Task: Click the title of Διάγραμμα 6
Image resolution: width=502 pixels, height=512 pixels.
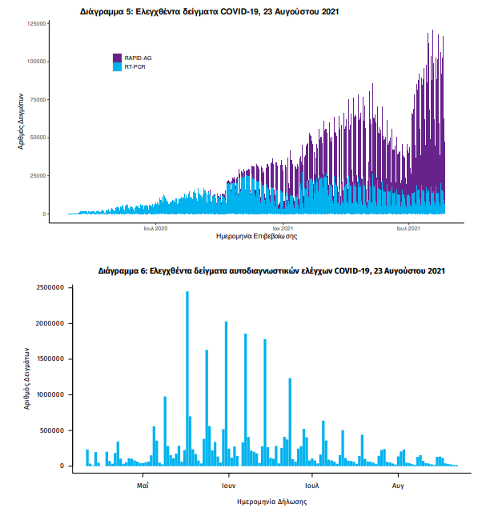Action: tap(271, 272)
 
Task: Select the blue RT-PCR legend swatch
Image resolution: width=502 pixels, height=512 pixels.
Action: tap(117, 67)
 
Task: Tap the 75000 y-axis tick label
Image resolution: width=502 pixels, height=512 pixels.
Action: tap(38, 99)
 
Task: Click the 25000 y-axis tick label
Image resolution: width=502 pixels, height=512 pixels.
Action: tap(38, 176)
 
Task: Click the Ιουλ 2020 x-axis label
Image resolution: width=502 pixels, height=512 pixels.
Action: tap(155, 229)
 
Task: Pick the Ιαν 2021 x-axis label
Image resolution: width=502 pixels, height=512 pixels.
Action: tap(283, 229)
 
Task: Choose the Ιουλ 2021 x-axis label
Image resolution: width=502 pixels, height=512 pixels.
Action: tap(409, 229)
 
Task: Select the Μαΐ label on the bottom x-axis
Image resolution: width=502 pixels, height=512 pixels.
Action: tap(143, 485)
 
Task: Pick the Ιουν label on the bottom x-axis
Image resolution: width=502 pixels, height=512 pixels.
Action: tap(227, 485)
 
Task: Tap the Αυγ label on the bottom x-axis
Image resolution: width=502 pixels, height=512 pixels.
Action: tap(398, 485)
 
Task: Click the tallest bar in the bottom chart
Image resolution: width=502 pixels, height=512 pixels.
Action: tap(187, 376)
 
